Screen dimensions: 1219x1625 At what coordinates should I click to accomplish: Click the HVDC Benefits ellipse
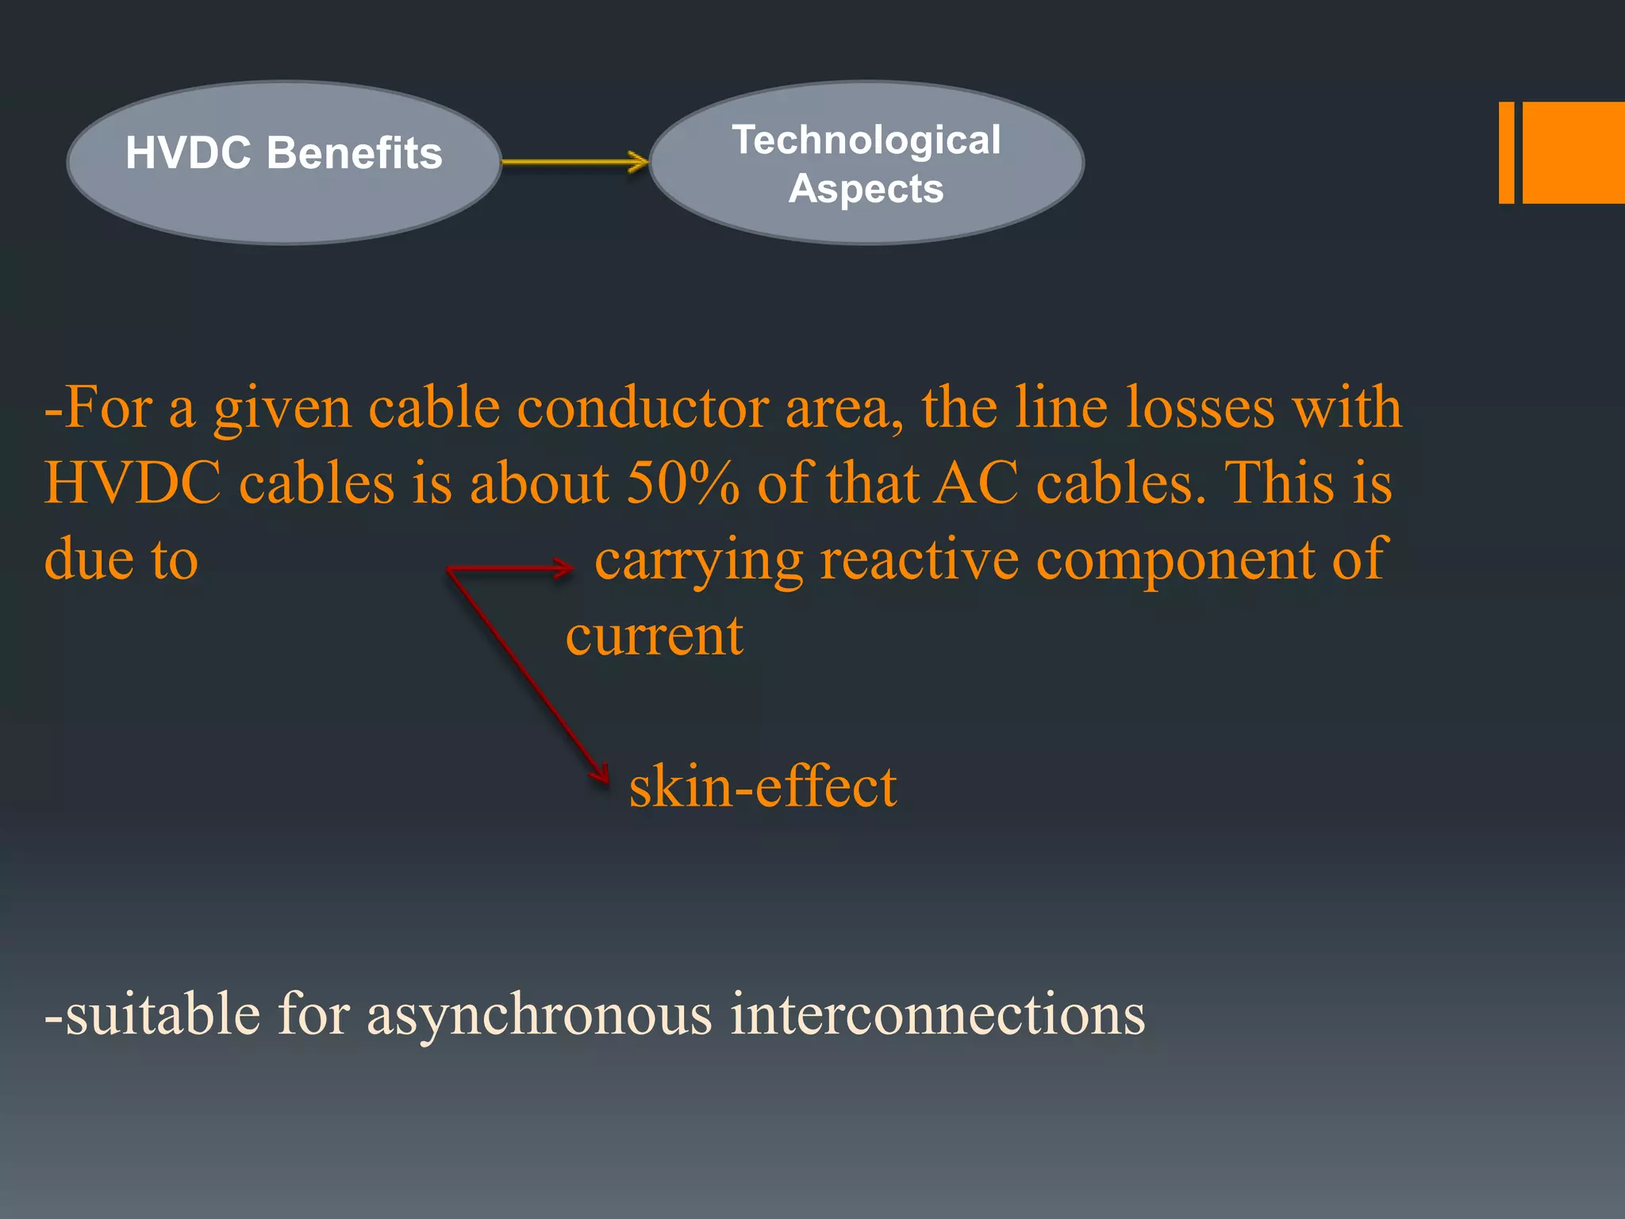(x=283, y=162)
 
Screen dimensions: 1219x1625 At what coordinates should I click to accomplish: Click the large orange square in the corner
(x=1573, y=152)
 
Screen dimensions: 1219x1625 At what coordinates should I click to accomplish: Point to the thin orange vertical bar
(x=1506, y=152)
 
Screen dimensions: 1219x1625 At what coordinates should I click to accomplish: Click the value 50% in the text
(x=682, y=483)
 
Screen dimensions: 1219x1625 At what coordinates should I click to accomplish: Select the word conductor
(x=642, y=408)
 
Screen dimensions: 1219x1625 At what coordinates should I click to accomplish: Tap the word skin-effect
(x=763, y=787)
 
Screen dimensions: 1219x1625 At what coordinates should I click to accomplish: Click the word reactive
(x=919, y=560)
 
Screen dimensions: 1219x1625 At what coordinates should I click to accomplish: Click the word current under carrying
(x=654, y=636)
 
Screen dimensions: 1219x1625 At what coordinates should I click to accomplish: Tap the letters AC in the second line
(x=975, y=483)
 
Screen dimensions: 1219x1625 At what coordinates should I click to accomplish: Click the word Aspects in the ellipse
(x=866, y=189)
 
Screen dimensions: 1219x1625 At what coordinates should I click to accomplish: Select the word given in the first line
(x=282, y=410)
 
